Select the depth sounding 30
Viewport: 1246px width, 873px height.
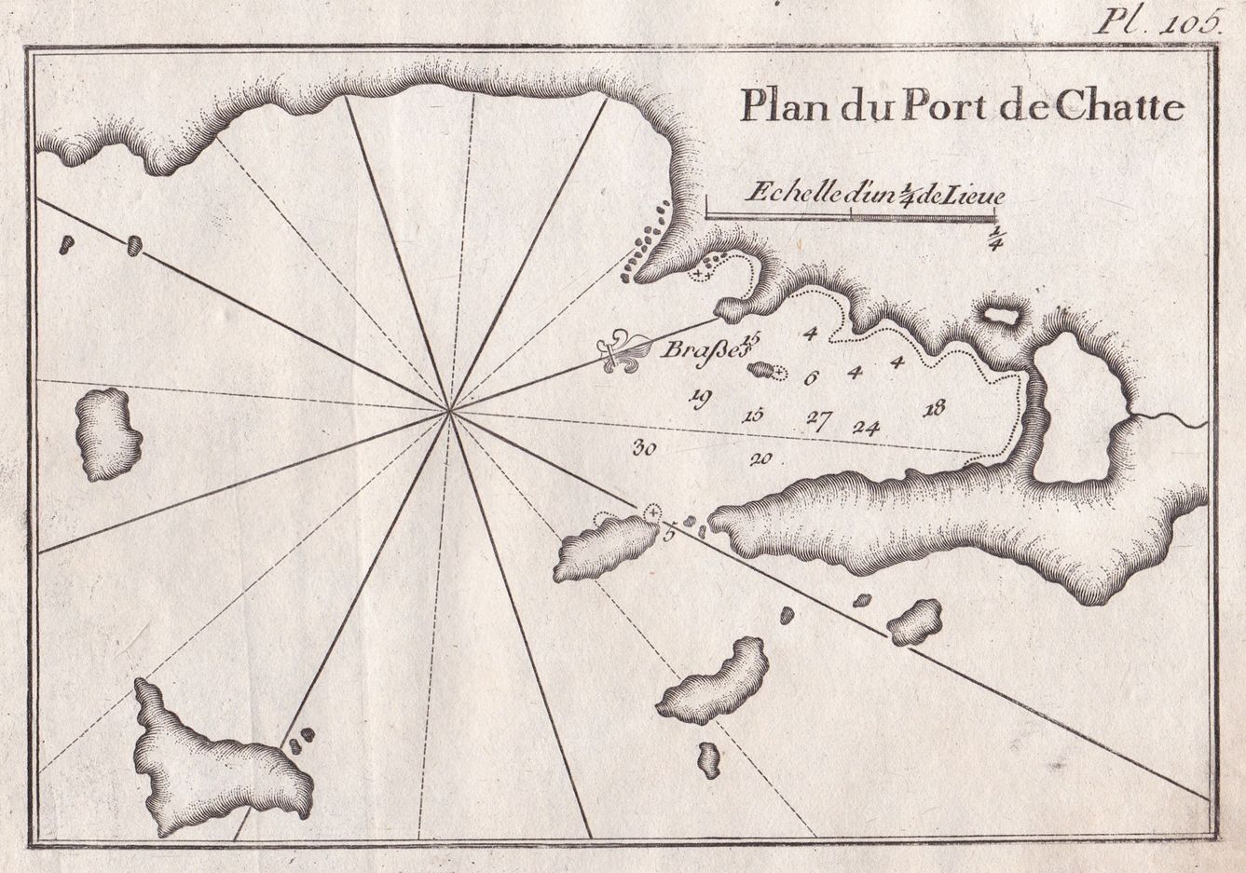tap(644, 448)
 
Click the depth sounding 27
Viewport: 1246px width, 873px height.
tap(818, 417)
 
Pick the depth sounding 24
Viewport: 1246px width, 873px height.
tap(866, 428)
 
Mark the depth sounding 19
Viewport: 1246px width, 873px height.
tap(700, 398)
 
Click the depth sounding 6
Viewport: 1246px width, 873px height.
tap(810, 377)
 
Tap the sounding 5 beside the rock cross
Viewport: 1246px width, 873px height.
tap(668, 534)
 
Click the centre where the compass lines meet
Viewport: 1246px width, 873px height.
tap(450, 411)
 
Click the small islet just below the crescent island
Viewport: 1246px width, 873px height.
tap(709, 759)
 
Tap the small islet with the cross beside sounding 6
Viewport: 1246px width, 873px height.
tap(763, 371)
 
